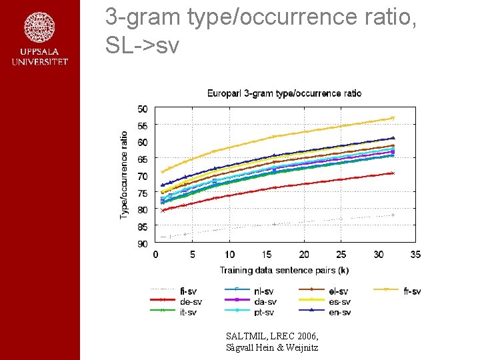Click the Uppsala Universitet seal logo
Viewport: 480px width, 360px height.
pos(39,27)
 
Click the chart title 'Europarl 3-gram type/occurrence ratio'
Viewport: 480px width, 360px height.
pos(284,93)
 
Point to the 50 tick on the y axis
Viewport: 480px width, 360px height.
pos(143,109)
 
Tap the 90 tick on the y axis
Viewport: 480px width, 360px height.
pos(143,244)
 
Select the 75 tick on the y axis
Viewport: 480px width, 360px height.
pos(143,193)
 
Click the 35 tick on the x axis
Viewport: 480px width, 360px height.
pos(415,255)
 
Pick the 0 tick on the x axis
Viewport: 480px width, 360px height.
pos(155,255)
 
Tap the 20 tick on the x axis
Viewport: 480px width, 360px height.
pos(304,255)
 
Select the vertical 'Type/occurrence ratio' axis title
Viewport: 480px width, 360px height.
pos(124,175)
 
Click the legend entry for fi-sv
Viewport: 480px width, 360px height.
pos(188,291)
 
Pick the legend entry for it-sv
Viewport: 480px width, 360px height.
pos(188,312)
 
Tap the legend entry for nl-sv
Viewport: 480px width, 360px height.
pos(263,291)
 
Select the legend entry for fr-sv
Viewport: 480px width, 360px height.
pos(412,291)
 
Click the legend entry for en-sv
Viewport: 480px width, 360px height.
pos(339,312)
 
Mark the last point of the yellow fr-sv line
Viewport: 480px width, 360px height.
pos(393,118)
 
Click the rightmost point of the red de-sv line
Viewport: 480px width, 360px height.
pos(393,173)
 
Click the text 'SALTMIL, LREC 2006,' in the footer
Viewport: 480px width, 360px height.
pos(272,336)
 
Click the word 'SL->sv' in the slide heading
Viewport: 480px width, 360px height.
pos(142,45)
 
